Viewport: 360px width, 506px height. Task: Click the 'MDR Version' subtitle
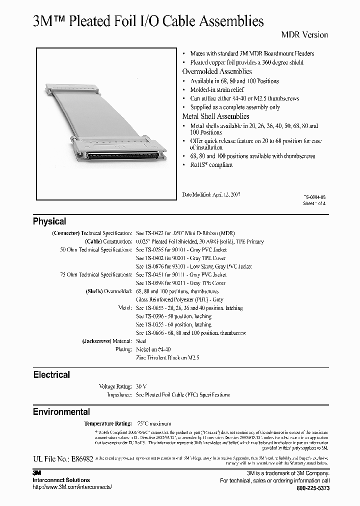304,35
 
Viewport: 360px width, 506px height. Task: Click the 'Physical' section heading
49,221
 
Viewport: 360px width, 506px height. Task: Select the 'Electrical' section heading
51,374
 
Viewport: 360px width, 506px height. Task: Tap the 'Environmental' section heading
61,412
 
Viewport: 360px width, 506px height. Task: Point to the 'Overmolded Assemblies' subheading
216,71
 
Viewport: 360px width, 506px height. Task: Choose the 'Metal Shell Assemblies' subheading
215,116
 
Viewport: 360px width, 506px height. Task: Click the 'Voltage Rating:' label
115,386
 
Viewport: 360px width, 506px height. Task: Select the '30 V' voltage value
141,386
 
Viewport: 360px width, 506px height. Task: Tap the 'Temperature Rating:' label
108,423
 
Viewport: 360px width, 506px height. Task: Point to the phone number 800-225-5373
313,488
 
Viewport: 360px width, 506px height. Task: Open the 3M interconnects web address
72,487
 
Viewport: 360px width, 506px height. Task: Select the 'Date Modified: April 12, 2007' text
211,194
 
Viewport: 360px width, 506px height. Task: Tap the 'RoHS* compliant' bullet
211,165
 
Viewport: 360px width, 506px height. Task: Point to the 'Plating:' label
123,349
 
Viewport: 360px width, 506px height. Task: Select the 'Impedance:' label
118,395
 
